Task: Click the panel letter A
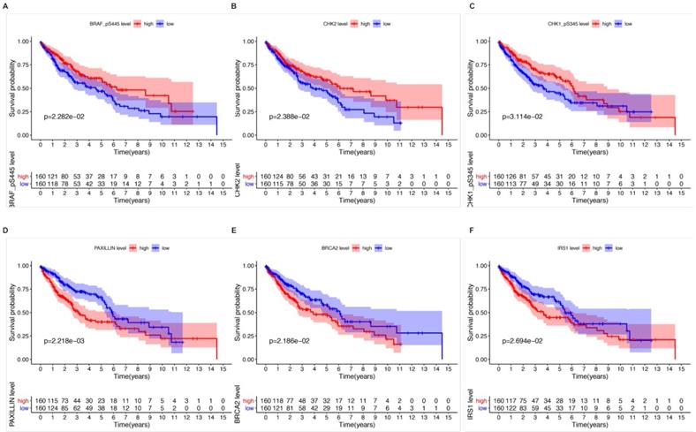coord(5,5)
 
